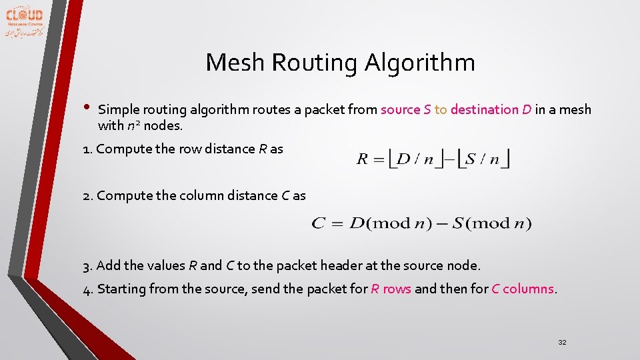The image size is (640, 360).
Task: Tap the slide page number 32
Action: point(562,342)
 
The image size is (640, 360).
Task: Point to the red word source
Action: point(400,109)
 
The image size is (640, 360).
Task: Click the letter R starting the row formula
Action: point(363,159)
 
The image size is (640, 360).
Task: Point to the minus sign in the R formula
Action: point(448,159)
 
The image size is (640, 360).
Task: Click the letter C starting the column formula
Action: point(318,223)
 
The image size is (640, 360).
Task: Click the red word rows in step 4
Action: point(397,289)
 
